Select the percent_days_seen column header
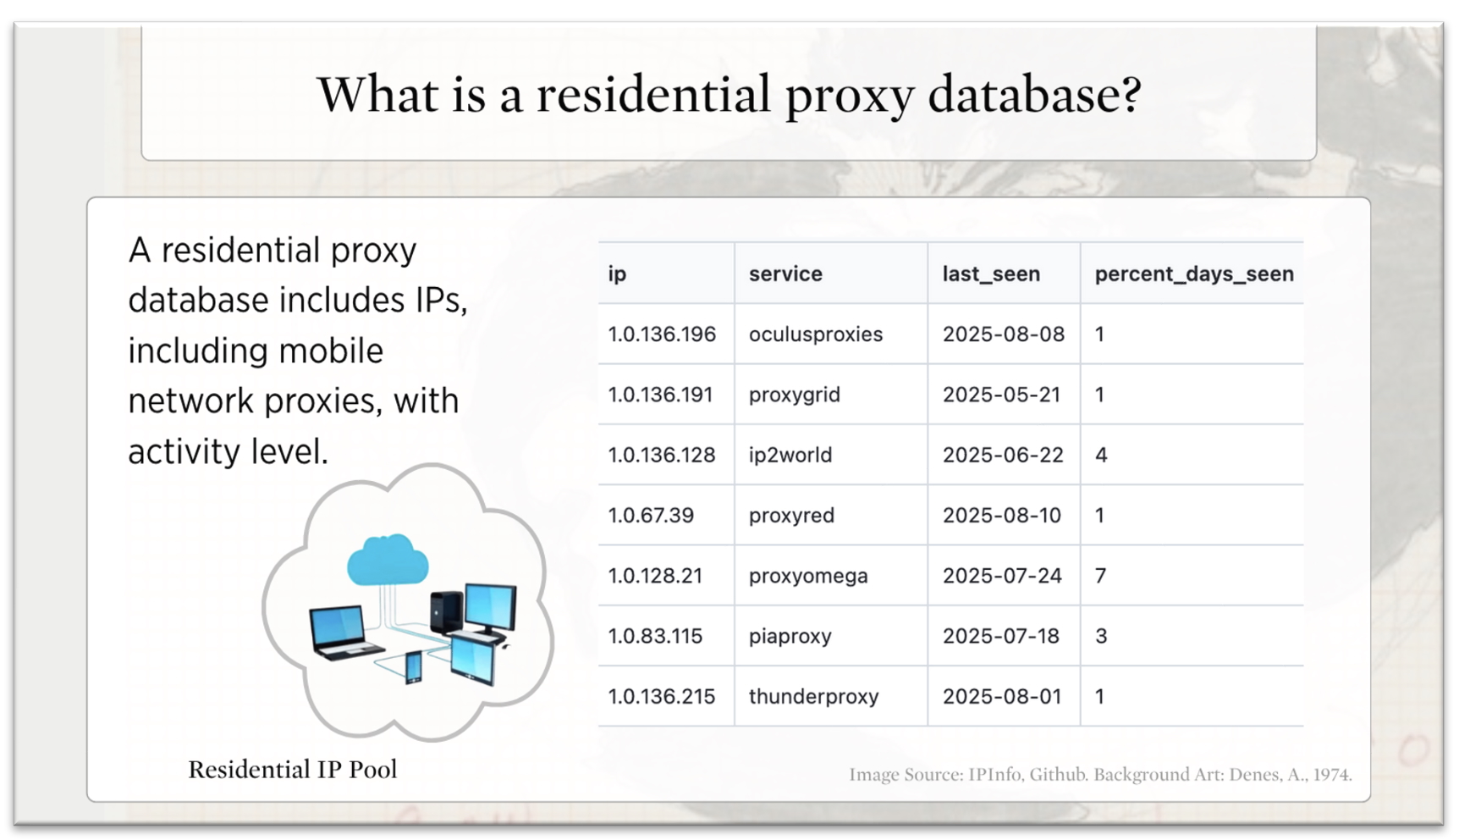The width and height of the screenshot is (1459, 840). point(1194,274)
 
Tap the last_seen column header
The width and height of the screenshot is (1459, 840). point(991,274)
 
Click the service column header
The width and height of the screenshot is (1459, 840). point(785,274)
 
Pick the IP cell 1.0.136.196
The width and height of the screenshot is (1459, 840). point(662,334)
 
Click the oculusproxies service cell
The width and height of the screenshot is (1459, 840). point(816,334)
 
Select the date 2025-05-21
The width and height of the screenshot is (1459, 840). point(1002,395)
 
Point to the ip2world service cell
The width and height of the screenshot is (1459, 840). point(790,456)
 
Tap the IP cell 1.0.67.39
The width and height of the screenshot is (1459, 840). point(651,516)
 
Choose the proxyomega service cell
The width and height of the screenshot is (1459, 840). point(808,577)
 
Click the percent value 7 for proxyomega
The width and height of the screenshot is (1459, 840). point(1100,576)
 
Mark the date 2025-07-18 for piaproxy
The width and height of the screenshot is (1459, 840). point(1001,636)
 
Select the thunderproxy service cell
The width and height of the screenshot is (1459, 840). point(814,697)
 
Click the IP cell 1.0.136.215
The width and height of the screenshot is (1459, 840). point(662,697)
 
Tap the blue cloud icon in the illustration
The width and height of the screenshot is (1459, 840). point(388,559)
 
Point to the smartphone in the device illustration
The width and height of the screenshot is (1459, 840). point(414,667)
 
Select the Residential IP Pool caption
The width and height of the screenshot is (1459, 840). point(293,770)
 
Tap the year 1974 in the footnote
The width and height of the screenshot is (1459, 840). point(1331,775)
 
